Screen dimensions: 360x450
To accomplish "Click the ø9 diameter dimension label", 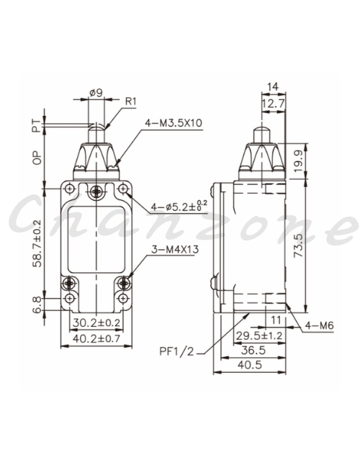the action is click(96, 93).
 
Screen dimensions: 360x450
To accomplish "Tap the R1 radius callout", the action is click(131, 102).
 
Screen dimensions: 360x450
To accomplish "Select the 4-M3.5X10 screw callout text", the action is click(174, 123).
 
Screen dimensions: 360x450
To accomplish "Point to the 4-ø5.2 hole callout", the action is click(179, 206).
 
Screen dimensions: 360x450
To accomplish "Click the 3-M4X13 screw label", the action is click(175, 249).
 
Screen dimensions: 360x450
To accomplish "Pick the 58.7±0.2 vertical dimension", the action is click(37, 243).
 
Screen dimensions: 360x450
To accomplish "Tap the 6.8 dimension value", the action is click(37, 305).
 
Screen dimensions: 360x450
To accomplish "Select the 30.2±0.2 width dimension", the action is click(96, 323).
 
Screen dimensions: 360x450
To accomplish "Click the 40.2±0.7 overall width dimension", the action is click(96, 338).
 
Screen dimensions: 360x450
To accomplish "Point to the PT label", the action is click(37, 126).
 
